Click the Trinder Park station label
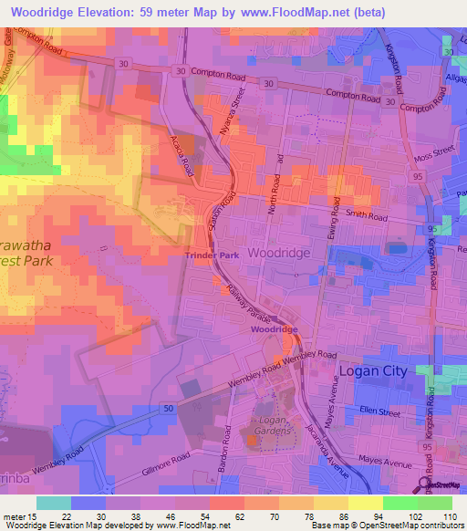213,255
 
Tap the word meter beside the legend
14,518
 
